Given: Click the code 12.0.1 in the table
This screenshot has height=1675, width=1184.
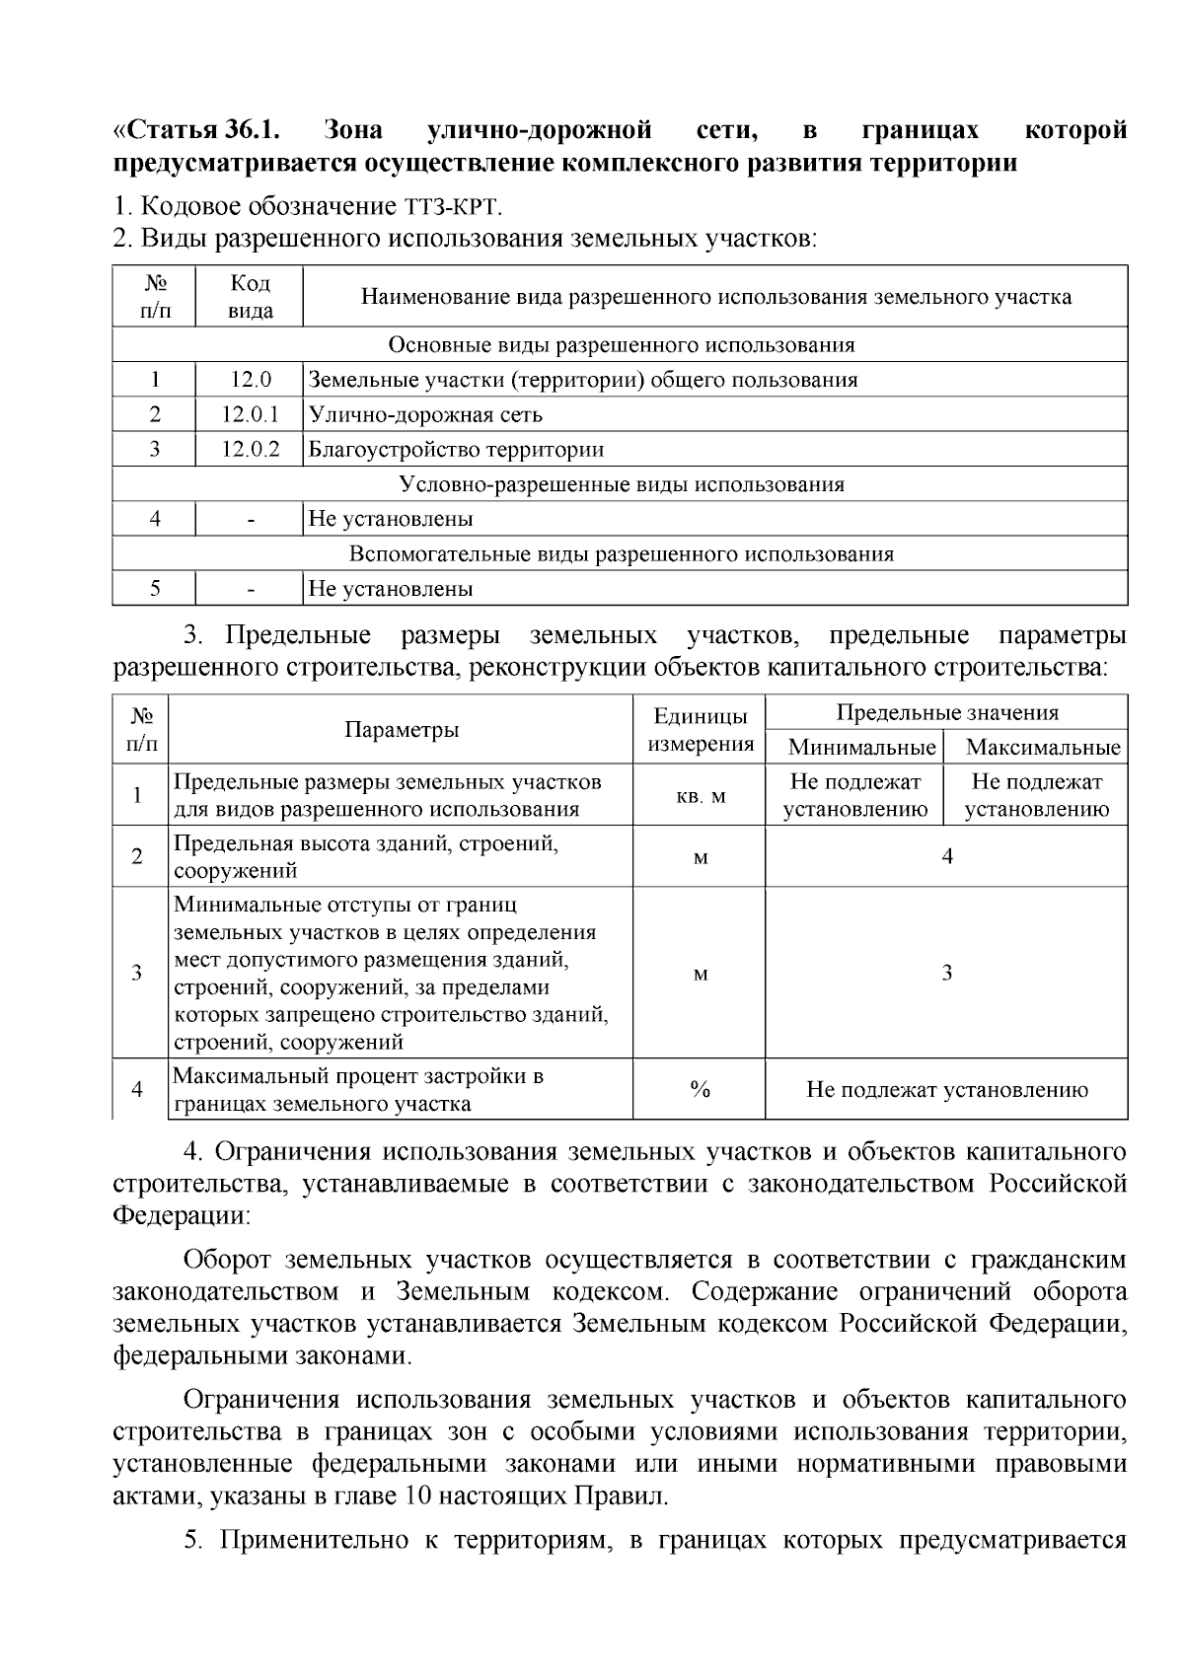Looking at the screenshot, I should pos(250,414).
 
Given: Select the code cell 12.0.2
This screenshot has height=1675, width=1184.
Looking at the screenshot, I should pos(250,449).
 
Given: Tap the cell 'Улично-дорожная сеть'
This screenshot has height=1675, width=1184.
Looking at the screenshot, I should pos(425,414).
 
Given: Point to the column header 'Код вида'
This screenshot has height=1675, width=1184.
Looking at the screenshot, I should pos(250,297).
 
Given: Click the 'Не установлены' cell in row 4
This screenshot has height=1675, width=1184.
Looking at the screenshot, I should pos(391,519).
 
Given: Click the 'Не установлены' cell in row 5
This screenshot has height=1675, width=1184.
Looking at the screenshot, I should pos(391,589).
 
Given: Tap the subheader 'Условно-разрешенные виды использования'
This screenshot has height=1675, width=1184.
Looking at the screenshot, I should pos(621,484).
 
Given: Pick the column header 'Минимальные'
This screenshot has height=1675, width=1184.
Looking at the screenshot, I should pos(861,748).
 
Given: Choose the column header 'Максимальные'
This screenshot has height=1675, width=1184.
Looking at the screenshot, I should pos(1043,748).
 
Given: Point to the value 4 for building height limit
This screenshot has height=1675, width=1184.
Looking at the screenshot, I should pos(947,856).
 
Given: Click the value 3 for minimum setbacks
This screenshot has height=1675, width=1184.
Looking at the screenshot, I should pos(947,973).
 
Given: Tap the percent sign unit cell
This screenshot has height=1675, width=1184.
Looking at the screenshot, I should pos(701,1089).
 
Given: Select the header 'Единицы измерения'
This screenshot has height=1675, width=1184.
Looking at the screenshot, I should pos(701,730).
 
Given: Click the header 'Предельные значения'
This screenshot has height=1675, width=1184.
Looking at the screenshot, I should pos(947,713).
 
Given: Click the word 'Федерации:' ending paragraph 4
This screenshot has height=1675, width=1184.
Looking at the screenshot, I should pos(182,1215).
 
